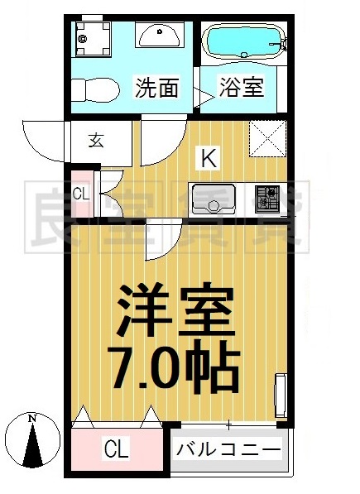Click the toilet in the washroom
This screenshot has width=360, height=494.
pyautogui.click(x=89, y=88)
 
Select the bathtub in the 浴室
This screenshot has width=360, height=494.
pyautogui.click(x=243, y=40)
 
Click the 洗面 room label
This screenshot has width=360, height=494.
pyautogui.click(x=157, y=87)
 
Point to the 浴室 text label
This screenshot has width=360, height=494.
pyautogui.click(x=242, y=87)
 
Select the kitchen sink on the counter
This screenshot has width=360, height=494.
pyautogui.click(x=214, y=199)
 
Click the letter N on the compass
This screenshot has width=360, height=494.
pyautogui.click(x=32, y=418)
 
